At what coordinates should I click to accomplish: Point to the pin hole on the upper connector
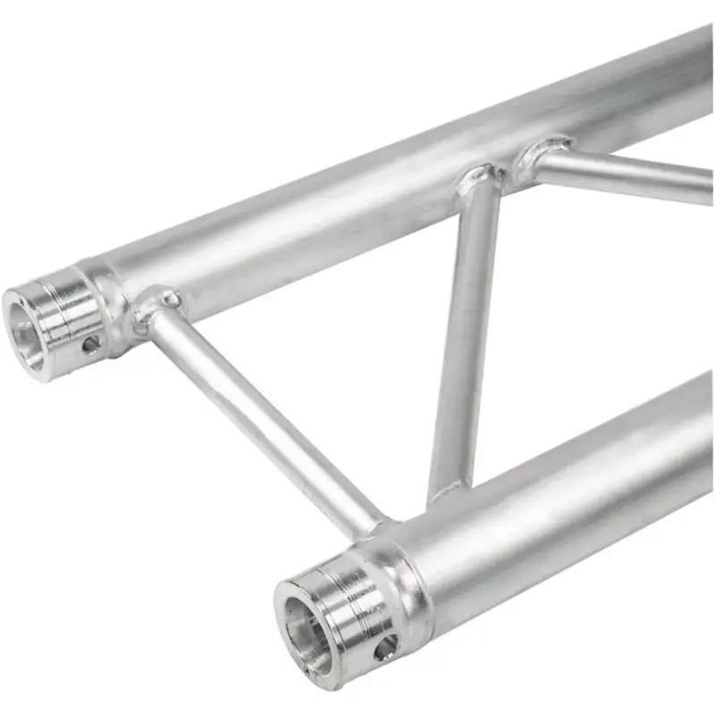tap(90, 343)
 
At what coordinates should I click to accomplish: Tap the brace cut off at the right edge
tap(626, 174)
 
